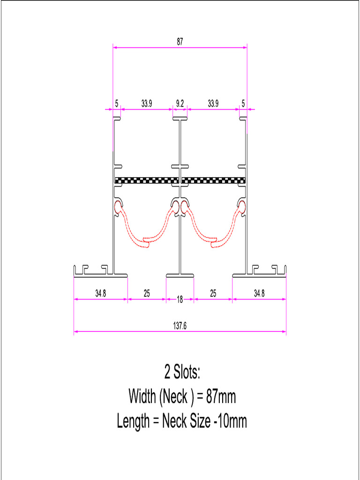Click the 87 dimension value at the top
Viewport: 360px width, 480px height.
pyautogui.click(x=180, y=42)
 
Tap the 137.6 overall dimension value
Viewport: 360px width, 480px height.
pyautogui.click(x=180, y=326)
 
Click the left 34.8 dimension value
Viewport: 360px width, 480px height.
pyautogui.click(x=100, y=294)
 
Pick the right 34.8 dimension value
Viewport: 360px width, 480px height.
pyautogui.click(x=259, y=294)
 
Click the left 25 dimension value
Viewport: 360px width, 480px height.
pyautogui.click(x=147, y=294)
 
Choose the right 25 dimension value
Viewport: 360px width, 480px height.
pyautogui.click(x=213, y=294)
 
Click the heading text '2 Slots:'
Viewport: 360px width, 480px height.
pyautogui.click(x=182, y=373)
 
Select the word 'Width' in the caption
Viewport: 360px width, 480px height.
pyautogui.click(x=142, y=397)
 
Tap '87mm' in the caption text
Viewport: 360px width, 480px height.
pyautogui.click(x=221, y=397)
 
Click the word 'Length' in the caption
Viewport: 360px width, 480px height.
pyautogui.click(x=133, y=422)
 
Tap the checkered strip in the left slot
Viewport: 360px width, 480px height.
pyautogui.click(x=147, y=180)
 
